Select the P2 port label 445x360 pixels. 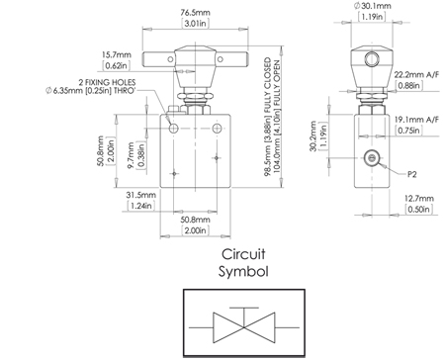pyautogui.click(x=413, y=172)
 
